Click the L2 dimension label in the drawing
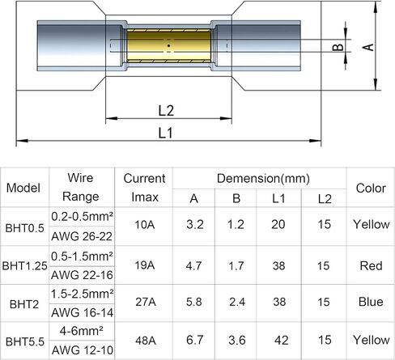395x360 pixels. click(x=166, y=111)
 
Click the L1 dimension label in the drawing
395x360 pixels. click(x=165, y=133)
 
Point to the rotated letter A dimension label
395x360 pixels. click(x=368, y=47)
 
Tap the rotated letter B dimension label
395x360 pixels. click(x=338, y=48)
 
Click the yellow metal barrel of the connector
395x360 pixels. click(x=168, y=45)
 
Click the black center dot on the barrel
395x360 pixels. click(x=168, y=45)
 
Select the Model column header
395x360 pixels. click(x=23, y=188)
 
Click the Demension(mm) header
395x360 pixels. click(x=263, y=178)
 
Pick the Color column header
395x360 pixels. click(x=371, y=188)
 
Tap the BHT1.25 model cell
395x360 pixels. click(x=24, y=265)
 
